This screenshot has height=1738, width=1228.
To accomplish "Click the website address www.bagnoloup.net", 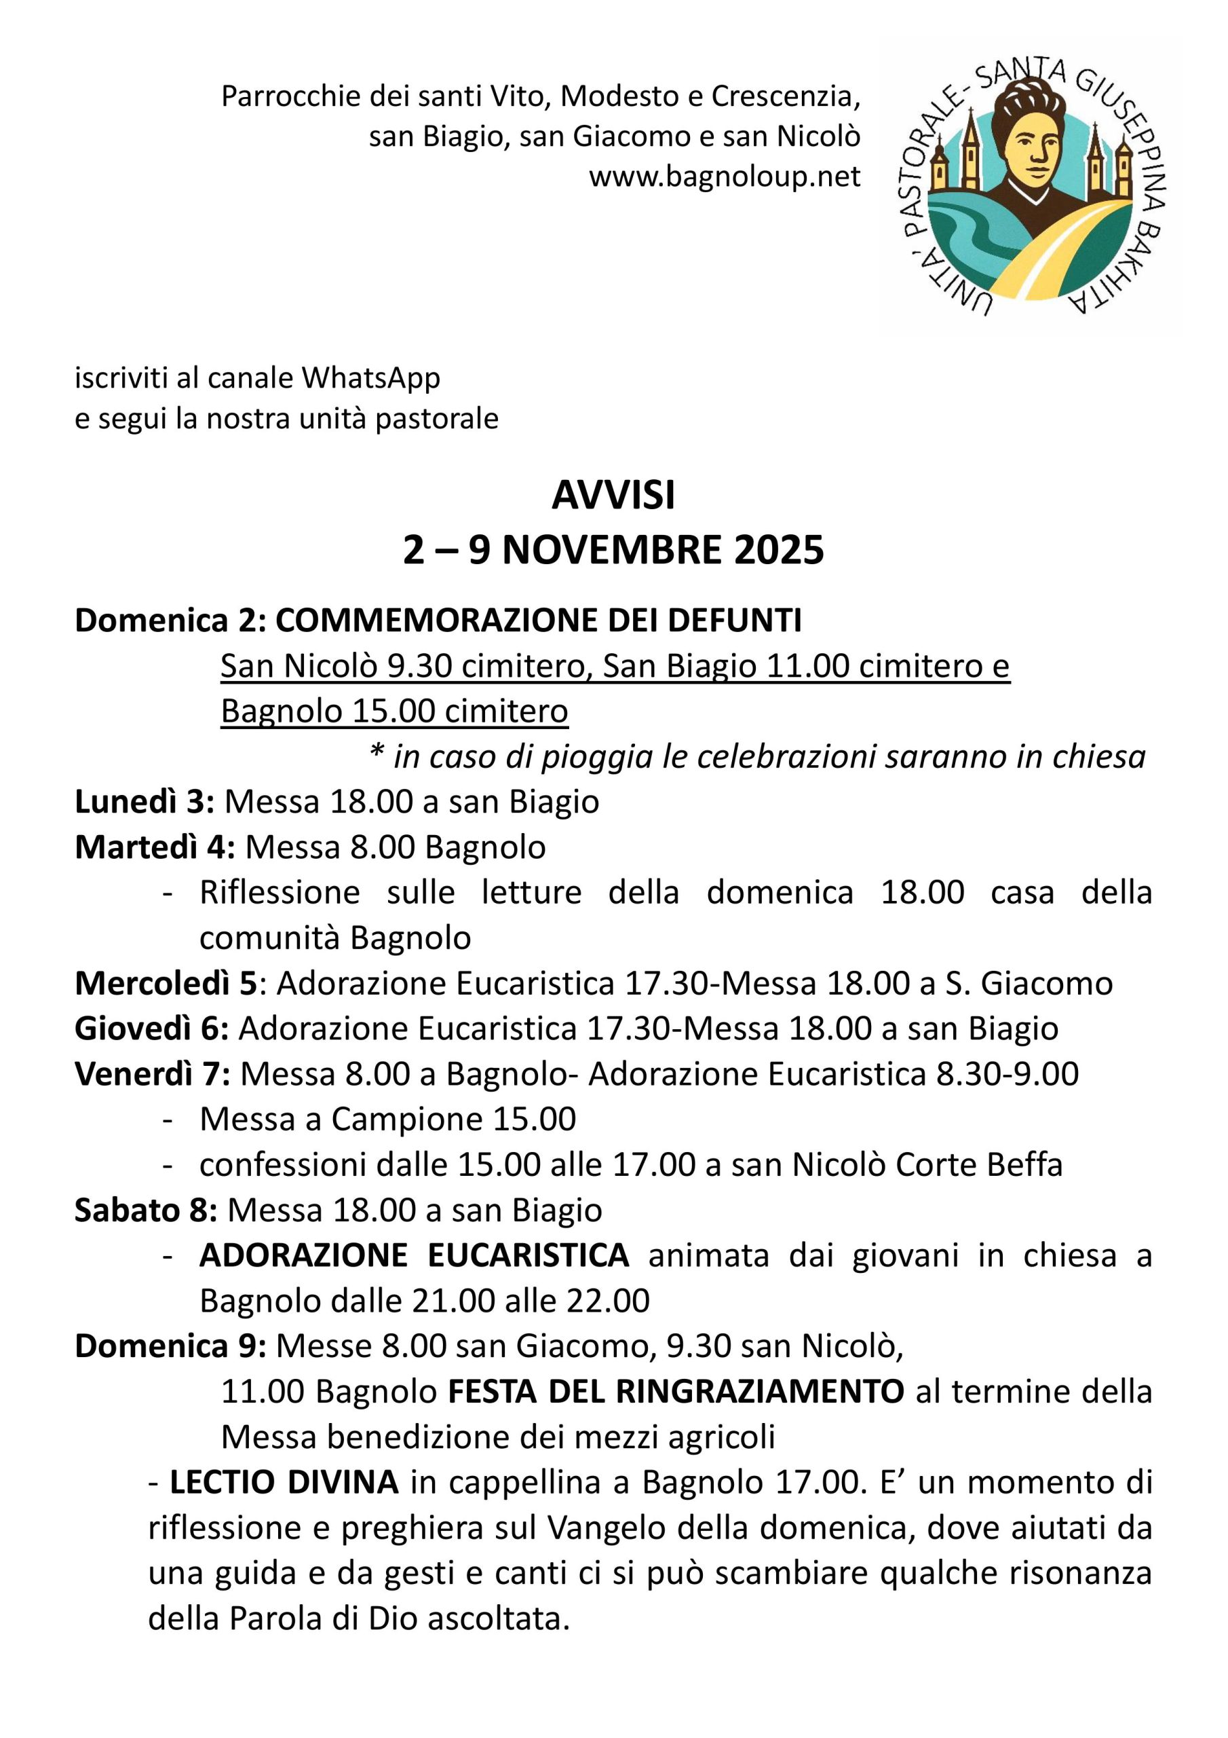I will [x=724, y=177].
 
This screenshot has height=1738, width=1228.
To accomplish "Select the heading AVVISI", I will [x=613, y=496].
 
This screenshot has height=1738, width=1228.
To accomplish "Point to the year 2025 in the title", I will [x=779, y=551].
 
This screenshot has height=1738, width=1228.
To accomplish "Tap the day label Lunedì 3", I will [x=144, y=802].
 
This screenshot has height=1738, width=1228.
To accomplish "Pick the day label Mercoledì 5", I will [x=166, y=983].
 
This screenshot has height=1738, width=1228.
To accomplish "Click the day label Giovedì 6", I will [x=151, y=1029].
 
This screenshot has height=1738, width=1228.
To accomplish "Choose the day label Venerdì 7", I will [x=151, y=1074].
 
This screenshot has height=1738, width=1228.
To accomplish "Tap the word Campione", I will [x=406, y=1120].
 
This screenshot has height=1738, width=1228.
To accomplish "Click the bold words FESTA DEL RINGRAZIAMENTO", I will [x=676, y=1391].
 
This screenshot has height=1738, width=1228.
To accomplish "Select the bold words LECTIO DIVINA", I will [x=284, y=1482].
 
